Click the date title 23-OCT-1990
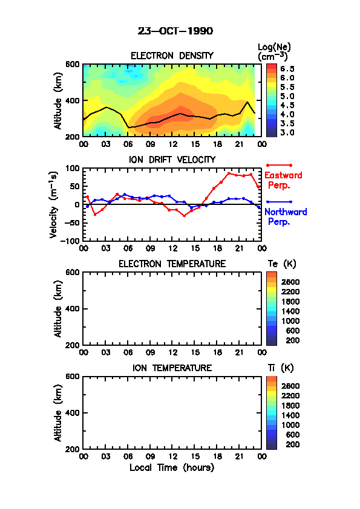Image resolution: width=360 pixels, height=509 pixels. (175, 31)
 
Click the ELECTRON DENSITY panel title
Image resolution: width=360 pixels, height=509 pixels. (172, 56)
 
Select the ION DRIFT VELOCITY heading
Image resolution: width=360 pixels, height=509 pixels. (172, 160)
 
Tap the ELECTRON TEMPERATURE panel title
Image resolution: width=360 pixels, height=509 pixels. (172, 264)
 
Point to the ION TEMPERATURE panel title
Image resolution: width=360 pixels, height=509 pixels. (172, 368)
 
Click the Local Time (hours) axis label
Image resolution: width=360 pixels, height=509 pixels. (172, 467)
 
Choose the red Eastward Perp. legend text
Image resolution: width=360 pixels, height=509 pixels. (283, 180)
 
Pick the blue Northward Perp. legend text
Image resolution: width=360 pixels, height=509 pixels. (286, 216)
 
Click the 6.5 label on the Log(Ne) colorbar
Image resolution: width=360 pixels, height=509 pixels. (287, 69)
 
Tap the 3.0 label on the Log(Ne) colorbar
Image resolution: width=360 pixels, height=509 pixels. (287, 132)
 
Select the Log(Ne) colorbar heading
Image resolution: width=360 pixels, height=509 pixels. (274, 52)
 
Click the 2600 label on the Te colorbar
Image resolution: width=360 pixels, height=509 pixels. (290, 282)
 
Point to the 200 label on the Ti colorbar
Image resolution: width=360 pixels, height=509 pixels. (292, 444)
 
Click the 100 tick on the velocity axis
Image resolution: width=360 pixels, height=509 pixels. (73, 168)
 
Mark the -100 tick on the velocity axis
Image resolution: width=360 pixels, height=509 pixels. (70, 241)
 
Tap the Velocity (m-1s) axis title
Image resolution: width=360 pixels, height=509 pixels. (54, 205)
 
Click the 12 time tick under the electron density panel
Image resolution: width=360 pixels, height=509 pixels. (173, 144)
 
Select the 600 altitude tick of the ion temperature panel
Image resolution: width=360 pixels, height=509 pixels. (73, 376)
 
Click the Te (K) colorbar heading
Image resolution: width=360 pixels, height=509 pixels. (282, 264)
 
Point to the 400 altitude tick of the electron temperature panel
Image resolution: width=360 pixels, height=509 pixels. (73, 309)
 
